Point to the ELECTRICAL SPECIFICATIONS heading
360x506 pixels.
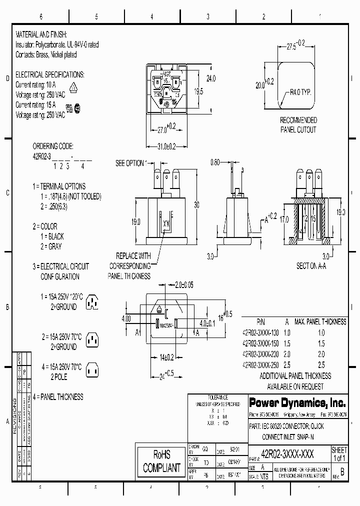point(50,74)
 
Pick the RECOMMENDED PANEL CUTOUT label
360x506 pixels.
point(298,125)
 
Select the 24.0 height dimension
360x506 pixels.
point(211,78)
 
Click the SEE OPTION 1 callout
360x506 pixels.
point(131,163)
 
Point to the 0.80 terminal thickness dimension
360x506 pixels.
point(215,162)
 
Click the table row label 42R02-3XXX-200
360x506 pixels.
point(260,354)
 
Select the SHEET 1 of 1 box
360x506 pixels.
point(339,454)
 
